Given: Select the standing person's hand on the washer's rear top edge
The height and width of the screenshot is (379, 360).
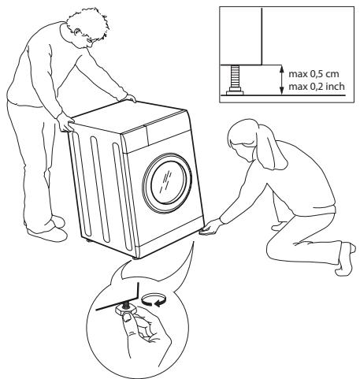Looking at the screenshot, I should coord(132,98).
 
